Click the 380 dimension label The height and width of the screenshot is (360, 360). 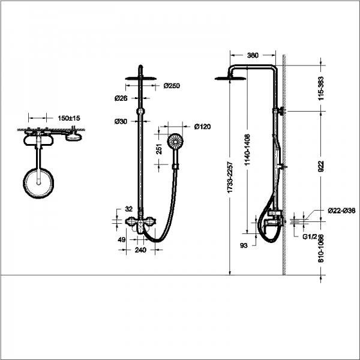coord(253,55)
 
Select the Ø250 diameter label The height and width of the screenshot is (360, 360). coord(172,86)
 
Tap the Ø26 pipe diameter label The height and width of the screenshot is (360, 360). coord(121,98)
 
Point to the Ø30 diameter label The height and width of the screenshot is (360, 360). coord(121,121)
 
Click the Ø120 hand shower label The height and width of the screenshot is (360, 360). coord(202,127)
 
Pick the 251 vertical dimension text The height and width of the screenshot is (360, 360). coord(159,149)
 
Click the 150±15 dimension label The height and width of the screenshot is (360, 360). coord(69,118)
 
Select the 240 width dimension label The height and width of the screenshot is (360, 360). coord(140,250)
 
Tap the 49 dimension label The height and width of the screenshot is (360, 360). coord(121,239)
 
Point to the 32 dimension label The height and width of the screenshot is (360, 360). coord(129,209)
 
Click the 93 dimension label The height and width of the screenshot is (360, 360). coord(244,245)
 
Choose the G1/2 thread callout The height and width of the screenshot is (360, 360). coord(310,237)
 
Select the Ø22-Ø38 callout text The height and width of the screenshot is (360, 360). coord(341,211)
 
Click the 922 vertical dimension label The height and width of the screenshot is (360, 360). coord(321,166)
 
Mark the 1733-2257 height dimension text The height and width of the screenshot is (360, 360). coord(230,178)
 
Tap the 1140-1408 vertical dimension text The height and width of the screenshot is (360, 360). coord(247,150)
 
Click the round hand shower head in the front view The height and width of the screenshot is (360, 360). coord(175,141)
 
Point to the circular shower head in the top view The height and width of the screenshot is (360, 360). coord(38,183)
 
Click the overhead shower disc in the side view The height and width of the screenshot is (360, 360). coord(230,79)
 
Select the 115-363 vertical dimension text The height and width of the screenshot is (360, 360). coord(321,88)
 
